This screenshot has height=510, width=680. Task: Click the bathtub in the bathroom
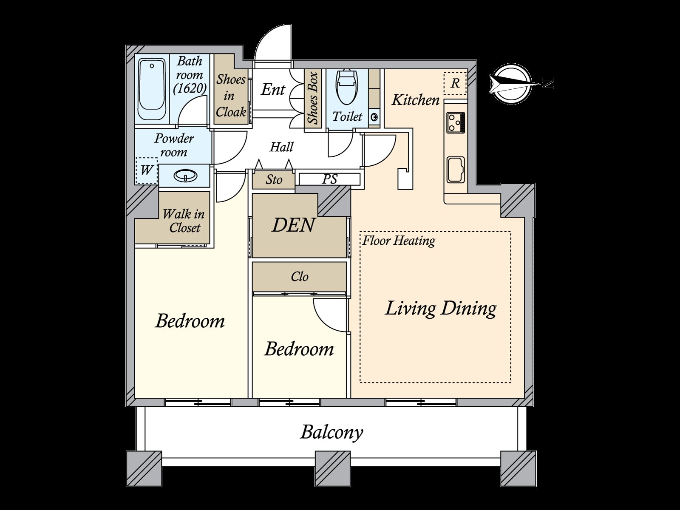(x=151, y=89)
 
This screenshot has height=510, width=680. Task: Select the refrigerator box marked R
(x=455, y=83)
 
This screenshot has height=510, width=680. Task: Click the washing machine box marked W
(x=147, y=170)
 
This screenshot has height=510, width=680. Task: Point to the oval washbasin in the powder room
(x=185, y=176)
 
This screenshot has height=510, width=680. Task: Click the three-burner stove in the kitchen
(x=456, y=122)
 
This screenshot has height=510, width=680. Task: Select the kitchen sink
(x=456, y=170)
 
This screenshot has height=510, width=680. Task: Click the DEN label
(x=293, y=225)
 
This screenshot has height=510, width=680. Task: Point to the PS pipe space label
(x=329, y=179)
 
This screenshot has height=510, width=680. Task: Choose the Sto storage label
(x=274, y=180)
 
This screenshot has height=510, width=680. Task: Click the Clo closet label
(x=300, y=277)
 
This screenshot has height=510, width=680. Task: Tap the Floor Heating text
(x=399, y=241)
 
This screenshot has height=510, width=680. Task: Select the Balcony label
(x=331, y=432)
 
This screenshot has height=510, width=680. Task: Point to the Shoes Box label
(x=313, y=98)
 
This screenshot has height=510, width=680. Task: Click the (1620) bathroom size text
(x=190, y=88)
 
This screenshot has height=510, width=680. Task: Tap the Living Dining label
(x=440, y=309)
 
